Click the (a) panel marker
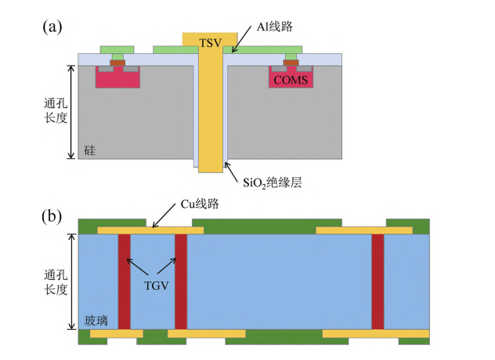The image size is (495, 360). pyautogui.click(x=52, y=26)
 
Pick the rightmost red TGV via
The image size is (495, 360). pyautogui.click(x=378, y=282)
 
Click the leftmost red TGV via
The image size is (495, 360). pyautogui.click(x=124, y=282)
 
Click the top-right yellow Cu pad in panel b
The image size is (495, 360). pyautogui.click(x=364, y=231)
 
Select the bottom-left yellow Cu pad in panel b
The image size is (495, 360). pyautogui.click(x=117, y=333)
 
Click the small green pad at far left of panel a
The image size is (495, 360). pyautogui.click(x=117, y=49)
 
